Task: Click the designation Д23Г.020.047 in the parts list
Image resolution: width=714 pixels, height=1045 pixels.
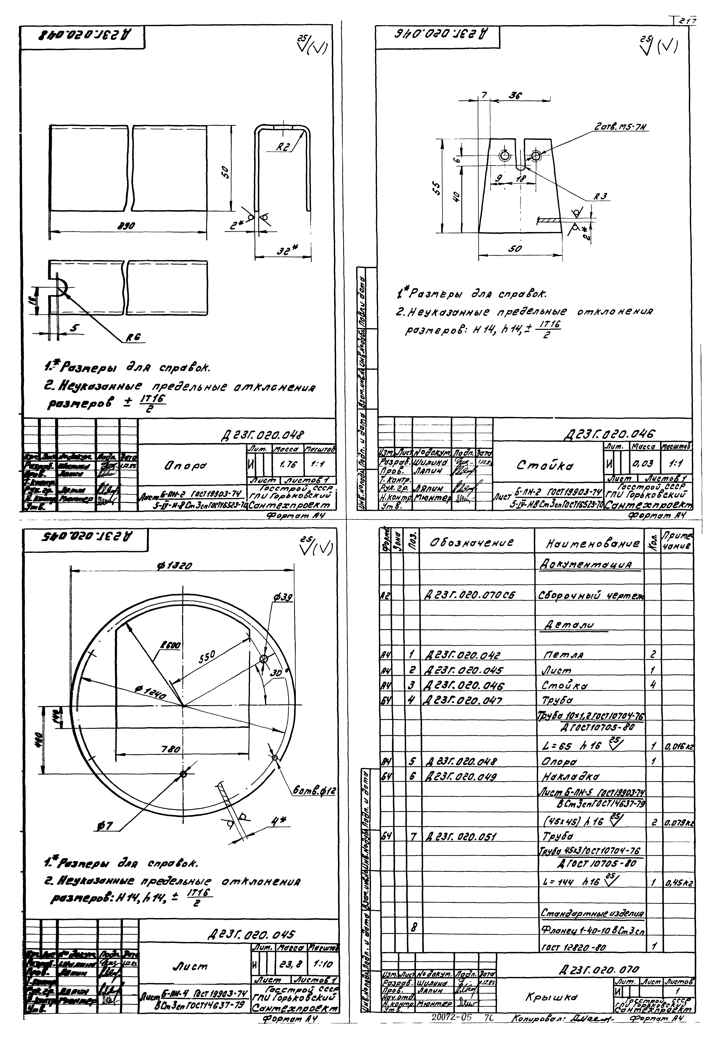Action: (x=463, y=700)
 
